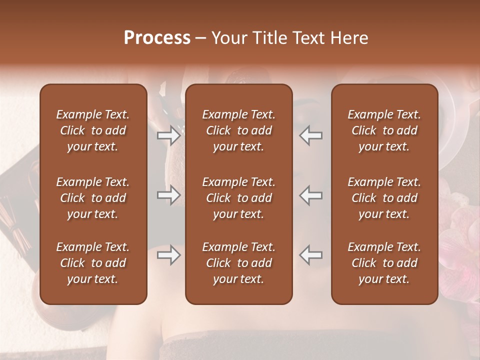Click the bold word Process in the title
click(157, 38)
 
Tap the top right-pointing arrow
click(168, 135)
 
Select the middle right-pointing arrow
click(168, 195)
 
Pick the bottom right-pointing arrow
click(168, 255)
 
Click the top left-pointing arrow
click(311, 135)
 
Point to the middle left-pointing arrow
click(311, 195)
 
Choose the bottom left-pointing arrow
click(311, 255)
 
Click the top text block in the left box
click(93, 130)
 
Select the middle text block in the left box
click(93, 198)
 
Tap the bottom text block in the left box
click(93, 263)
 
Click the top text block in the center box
click(238, 130)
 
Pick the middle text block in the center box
click(238, 198)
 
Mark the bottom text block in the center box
click(238, 263)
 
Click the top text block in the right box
click(384, 130)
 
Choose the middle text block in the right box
click(384, 198)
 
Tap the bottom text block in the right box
click(384, 263)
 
